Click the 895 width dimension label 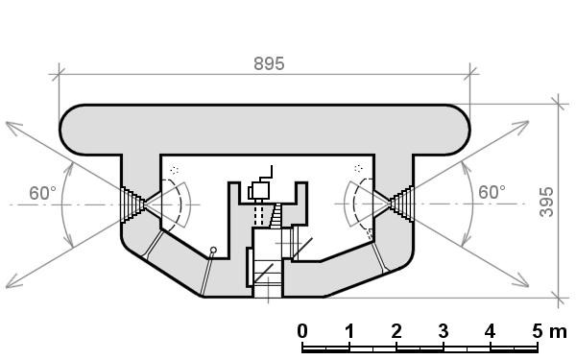pyautogui.click(x=269, y=63)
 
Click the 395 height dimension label pyautogui.click(x=546, y=202)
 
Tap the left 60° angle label pyautogui.click(x=42, y=193)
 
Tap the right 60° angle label pyautogui.click(x=492, y=192)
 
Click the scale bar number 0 pyautogui.click(x=302, y=331)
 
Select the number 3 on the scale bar pyautogui.click(x=443, y=331)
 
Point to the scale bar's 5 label pyautogui.click(x=537, y=331)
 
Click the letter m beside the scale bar pyautogui.click(x=558, y=332)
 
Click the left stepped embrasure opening pyautogui.click(x=132, y=204)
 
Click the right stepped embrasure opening pyautogui.click(x=401, y=204)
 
